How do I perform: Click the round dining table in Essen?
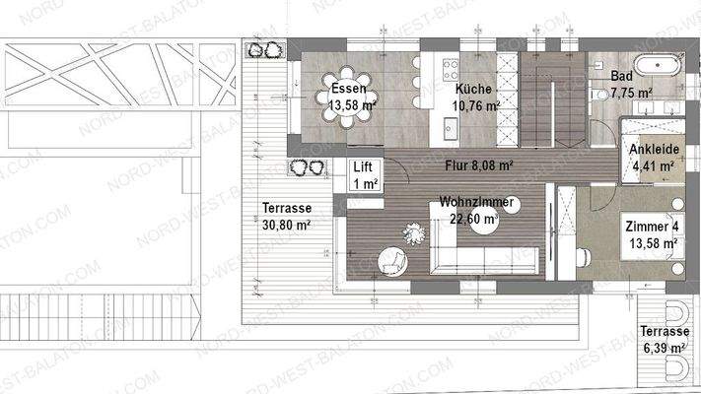click(x=349, y=99)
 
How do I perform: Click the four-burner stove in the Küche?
click(x=452, y=68)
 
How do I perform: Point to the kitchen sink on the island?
click(x=450, y=127)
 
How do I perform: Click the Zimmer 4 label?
click(x=652, y=226)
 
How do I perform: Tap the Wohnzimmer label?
click(x=476, y=203)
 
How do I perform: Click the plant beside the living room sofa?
click(x=414, y=232)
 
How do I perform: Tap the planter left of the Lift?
click(x=308, y=167)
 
